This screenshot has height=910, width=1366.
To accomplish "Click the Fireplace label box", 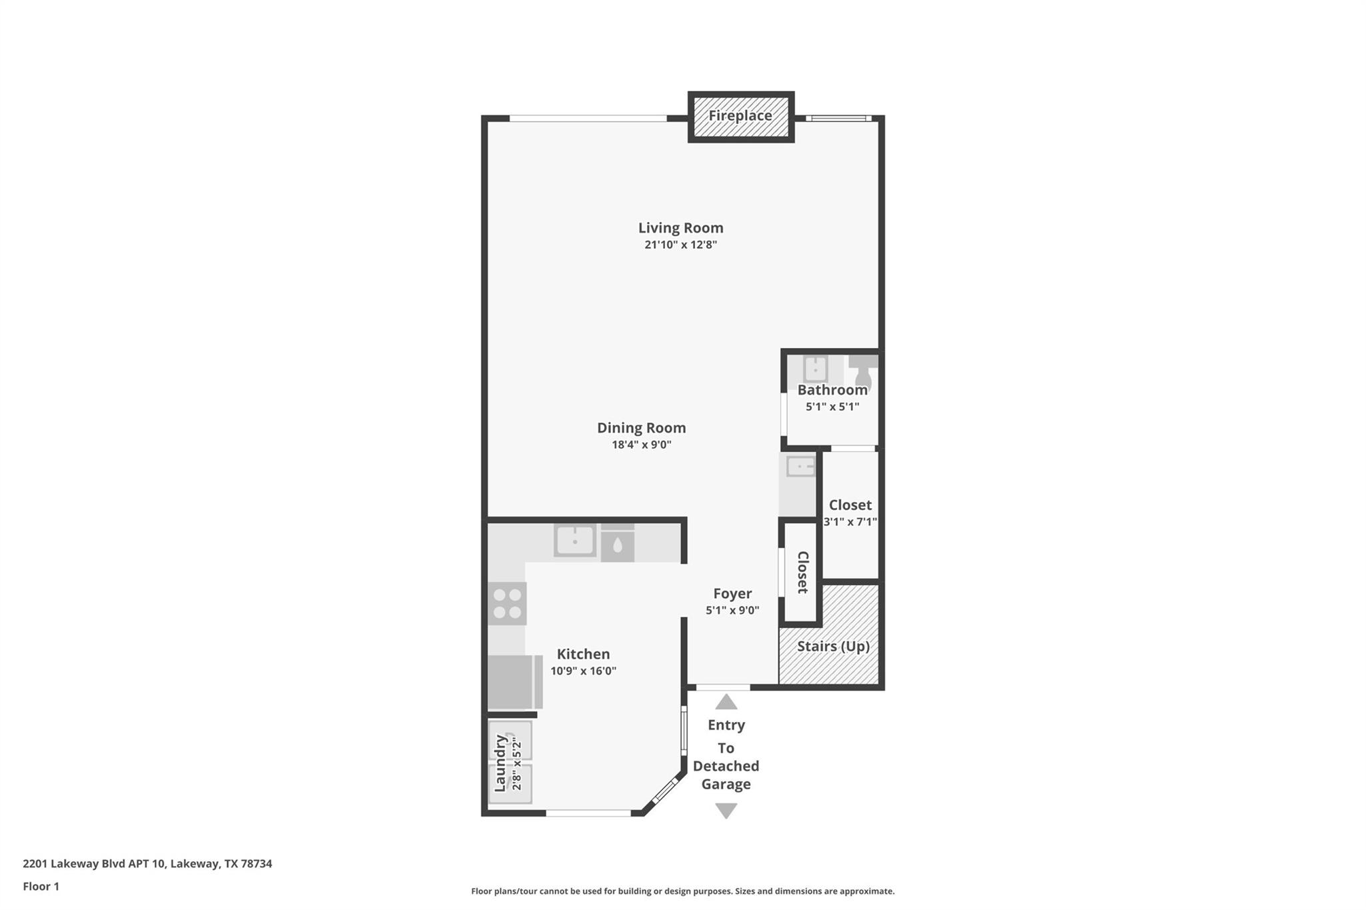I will point(740,116).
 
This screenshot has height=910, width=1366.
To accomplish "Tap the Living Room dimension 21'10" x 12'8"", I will point(680,245).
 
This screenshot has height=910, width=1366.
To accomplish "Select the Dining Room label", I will point(641,428).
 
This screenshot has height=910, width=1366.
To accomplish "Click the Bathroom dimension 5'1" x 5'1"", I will point(832,407).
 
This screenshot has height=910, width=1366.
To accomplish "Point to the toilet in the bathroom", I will point(863,371).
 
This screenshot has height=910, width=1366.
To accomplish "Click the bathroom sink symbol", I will point(815,369).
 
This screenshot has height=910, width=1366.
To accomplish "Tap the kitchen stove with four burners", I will point(507,603).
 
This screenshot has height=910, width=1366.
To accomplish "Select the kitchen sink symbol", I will point(575,540).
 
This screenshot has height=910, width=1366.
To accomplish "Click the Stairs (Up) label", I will point(832,646).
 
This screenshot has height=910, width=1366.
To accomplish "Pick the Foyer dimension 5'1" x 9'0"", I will point(732,610).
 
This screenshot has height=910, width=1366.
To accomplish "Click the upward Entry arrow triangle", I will point(726,702).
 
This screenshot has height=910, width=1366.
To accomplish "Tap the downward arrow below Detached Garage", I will point(726,810).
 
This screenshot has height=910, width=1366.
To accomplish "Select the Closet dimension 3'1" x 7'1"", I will point(850,522).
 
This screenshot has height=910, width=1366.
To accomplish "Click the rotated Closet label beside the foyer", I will point(802,572).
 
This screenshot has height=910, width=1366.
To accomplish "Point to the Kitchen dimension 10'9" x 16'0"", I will point(583,671).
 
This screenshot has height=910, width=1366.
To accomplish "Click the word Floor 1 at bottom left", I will point(41,887).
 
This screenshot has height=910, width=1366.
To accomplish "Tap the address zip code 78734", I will point(256,864).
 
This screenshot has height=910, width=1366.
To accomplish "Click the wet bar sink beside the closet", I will point(800,467).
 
